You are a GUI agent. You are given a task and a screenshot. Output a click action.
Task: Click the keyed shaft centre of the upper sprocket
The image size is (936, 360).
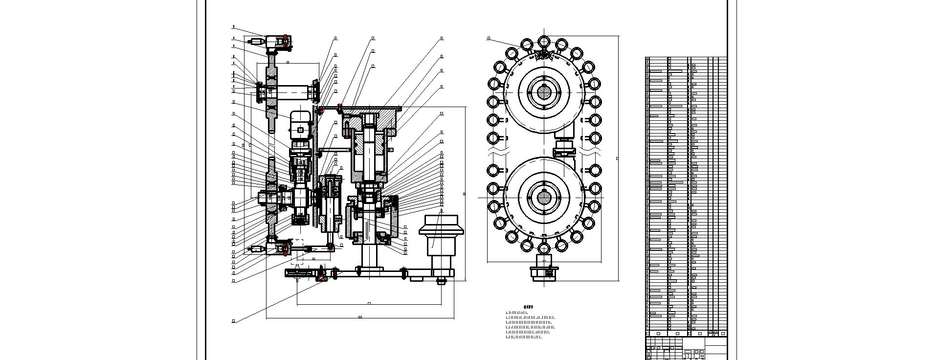(544, 91)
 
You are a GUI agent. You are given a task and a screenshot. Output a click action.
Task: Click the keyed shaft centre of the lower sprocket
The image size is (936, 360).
(544, 197)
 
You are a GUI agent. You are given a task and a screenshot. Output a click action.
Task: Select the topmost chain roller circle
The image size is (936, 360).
(544, 41)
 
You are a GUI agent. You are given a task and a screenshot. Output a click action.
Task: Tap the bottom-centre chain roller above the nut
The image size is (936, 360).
(544, 248)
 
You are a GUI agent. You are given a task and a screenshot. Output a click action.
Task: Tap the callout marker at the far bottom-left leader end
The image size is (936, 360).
(233, 321)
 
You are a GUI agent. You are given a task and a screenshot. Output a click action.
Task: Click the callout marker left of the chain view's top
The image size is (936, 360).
(489, 38)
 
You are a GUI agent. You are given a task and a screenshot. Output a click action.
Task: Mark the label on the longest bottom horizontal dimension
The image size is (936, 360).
(360, 317)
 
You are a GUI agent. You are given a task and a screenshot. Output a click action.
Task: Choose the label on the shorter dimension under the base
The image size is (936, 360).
(369, 303)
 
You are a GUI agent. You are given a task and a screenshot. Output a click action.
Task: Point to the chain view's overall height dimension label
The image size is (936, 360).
(617, 158)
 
